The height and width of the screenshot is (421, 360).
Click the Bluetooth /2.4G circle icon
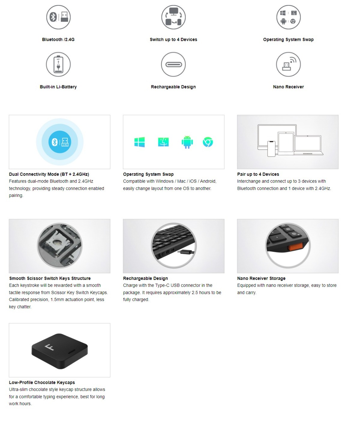[58, 17]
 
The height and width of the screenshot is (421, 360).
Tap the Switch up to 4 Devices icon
[173, 17]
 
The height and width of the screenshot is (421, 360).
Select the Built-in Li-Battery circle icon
[58, 64]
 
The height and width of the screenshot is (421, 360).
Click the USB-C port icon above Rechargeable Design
[173, 64]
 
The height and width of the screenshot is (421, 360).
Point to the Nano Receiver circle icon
[288, 64]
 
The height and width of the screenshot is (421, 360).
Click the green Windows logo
[139, 142]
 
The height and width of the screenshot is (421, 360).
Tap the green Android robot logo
[187, 142]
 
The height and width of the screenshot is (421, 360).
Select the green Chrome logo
[208, 142]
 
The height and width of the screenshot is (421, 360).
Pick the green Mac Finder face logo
[163, 142]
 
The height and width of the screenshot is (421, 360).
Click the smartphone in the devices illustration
[271, 149]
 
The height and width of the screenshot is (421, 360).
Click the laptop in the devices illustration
[308, 145]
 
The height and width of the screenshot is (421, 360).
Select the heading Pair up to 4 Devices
[258, 174]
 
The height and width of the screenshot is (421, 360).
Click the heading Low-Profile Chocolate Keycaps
[42, 382]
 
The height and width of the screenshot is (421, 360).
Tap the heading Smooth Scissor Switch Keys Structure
[50, 278]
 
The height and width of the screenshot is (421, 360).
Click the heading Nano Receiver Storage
[261, 278]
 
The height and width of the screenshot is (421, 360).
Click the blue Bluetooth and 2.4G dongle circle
[60, 142]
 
